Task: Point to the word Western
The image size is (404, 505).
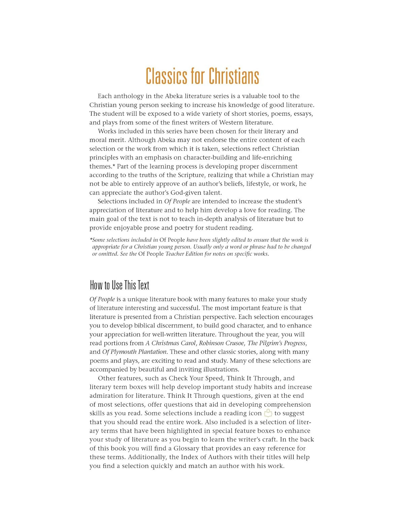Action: [x=231, y=123]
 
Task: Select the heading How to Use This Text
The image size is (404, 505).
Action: [x=120, y=285]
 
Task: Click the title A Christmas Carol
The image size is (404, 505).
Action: [x=170, y=343]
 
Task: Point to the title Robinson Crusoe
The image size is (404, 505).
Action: [x=221, y=343]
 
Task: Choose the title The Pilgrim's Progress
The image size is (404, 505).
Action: [x=277, y=343]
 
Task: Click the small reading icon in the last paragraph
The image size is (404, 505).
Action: [x=268, y=413]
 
